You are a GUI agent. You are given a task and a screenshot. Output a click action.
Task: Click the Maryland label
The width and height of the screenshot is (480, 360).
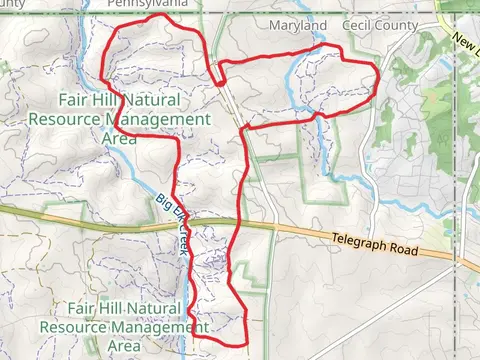click(x=298, y=24)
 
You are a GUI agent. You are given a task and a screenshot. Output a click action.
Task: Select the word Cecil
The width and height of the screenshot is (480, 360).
click(x=362, y=24)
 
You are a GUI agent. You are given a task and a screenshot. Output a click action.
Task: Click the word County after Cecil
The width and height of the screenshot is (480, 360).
click(x=407, y=24)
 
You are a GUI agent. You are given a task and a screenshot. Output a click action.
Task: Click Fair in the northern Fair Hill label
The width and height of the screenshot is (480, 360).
click(x=76, y=100)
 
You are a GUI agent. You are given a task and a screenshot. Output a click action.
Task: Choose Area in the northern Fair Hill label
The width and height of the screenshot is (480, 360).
click(x=120, y=138)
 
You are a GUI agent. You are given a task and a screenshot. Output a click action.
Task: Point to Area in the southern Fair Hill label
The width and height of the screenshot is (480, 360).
click(x=124, y=346)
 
